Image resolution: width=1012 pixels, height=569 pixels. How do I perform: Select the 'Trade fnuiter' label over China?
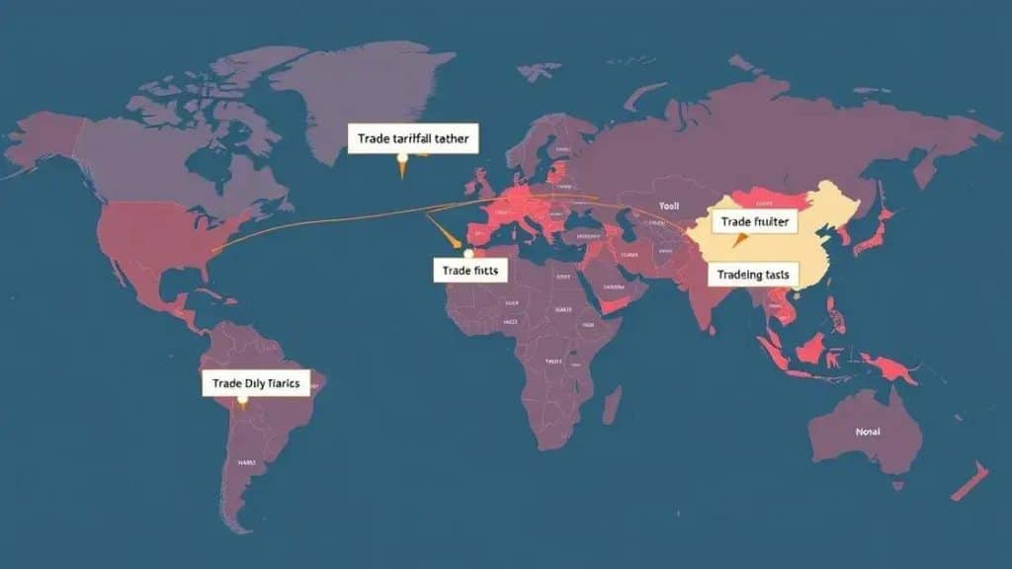pos(755,222)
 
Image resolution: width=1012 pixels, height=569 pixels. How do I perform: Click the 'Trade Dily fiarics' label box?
pos(256,382)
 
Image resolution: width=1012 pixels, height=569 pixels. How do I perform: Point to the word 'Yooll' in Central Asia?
pos(670,208)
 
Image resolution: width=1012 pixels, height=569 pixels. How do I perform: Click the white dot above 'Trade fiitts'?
pos(468,254)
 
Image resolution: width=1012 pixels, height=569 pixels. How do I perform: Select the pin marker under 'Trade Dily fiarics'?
pos(241,401)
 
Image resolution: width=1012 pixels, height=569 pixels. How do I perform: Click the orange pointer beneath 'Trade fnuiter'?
pos(737,240)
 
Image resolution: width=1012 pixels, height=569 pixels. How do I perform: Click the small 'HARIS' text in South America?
pos(246,461)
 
